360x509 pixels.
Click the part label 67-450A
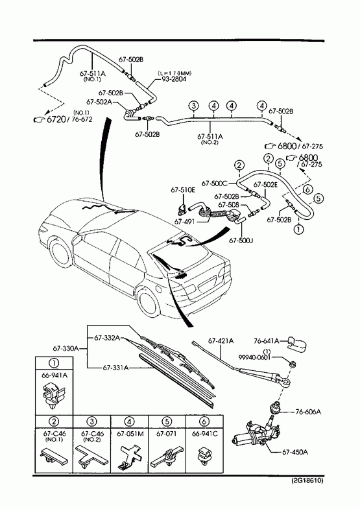pyautogui.click(x=294, y=451)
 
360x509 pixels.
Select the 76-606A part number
pyautogui.click(x=308, y=412)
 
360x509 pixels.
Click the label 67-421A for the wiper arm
pyautogui.click(x=221, y=341)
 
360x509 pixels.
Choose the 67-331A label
pyautogui.click(x=116, y=368)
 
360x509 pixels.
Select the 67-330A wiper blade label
pyautogui.click(x=66, y=348)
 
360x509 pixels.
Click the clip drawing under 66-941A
pyautogui.click(x=54, y=394)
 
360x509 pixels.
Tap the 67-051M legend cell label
pyautogui.click(x=130, y=433)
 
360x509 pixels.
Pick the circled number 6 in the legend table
pyautogui.click(x=204, y=421)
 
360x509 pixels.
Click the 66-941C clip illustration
pyautogui.click(x=204, y=455)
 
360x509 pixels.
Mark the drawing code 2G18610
pyautogui.click(x=307, y=480)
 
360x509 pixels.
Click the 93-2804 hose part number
pyautogui.click(x=174, y=79)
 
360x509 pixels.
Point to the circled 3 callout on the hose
pyautogui.click(x=193, y=106)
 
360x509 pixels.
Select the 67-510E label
pyautogui.click(x=183, y=190)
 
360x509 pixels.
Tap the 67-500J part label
pyautogui.click(x=241, y=240)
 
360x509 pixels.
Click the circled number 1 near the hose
pyautogui.click(x=298, y=229)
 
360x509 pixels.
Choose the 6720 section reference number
pyautogui.click(x=56, y=119)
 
